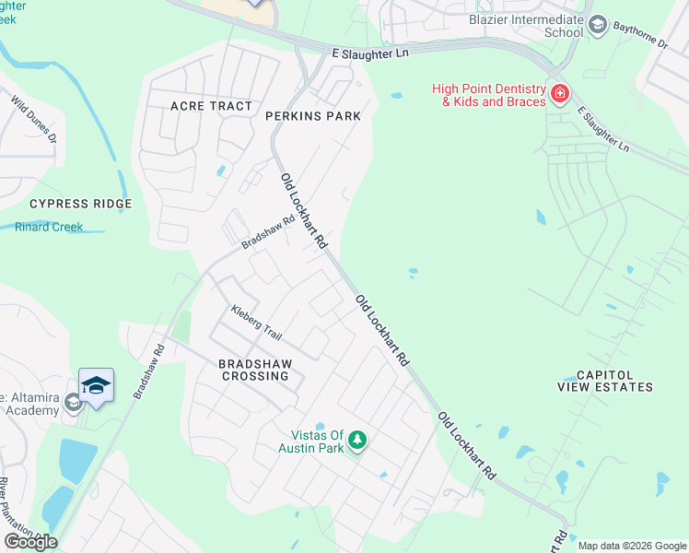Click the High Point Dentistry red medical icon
(558, 94)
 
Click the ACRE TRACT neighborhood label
(211, 106)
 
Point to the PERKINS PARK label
(312, 116)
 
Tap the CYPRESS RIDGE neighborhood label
(80, 204)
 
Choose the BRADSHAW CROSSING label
(253, 370)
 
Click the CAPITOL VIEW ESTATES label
(605, 381)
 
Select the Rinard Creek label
(49, 227)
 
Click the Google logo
(30, 542)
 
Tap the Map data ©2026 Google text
(632, 546)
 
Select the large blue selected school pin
(96, 385)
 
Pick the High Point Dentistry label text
(494, 95)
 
